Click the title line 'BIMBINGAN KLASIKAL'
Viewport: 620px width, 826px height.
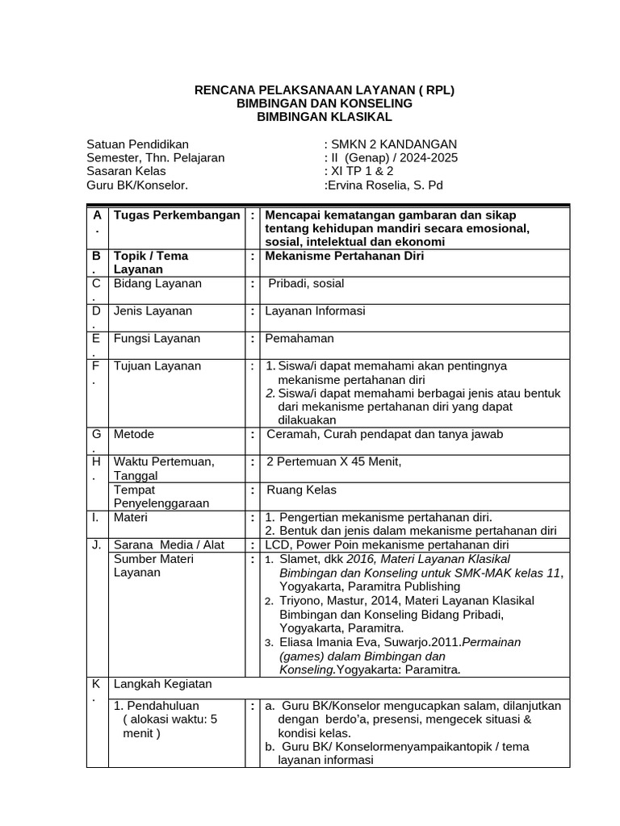pos(324,117)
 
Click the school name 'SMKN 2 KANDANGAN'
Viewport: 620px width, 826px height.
pos(392,144)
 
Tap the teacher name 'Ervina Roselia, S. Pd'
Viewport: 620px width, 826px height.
pos(385,185)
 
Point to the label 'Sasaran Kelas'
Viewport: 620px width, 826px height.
pos(126,171)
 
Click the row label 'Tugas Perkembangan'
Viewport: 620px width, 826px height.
pos(177,215)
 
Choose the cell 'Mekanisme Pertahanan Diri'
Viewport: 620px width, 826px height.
pos(343,256)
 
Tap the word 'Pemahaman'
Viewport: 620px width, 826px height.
pos(300,338)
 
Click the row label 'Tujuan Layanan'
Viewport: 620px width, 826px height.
pos(157,365)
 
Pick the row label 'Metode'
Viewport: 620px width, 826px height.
pos(134,434)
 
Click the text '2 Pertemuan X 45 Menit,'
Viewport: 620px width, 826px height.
pos(334,461)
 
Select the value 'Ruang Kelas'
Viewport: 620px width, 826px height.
pos(302,490)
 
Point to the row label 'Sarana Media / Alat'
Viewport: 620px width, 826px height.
pos(169,544)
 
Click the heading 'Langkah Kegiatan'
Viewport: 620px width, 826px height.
pos(162,683)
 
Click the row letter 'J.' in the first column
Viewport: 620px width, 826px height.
pos(96,544)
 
